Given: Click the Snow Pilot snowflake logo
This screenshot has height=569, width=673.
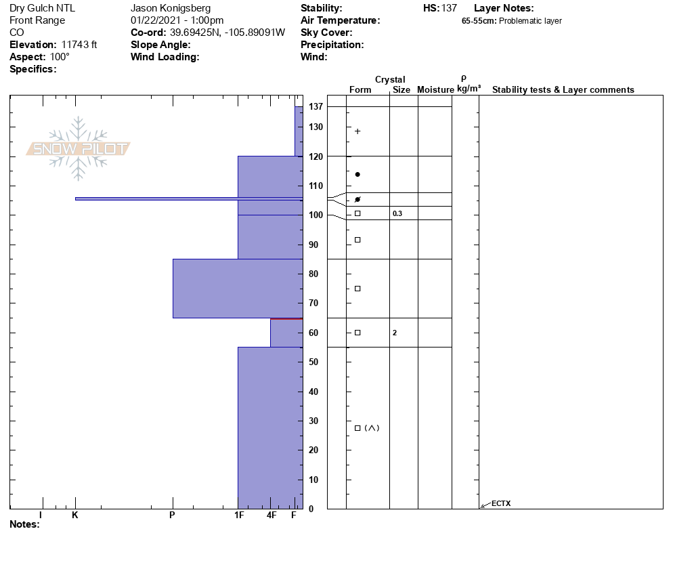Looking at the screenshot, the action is pos(78,148).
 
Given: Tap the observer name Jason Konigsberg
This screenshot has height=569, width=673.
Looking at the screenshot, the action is pos(171,8).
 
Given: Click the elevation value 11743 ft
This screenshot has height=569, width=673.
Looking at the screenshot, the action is pos(79,45).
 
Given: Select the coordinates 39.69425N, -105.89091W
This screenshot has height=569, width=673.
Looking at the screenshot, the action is pos(227,33).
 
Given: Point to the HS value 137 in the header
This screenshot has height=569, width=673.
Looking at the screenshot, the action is pos(449,8).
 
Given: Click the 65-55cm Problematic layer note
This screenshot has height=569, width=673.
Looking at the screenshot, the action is pos(512,21).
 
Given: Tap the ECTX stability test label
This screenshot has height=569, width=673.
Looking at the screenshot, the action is pos(501,503).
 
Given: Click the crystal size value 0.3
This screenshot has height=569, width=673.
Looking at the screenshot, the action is pos(397,213).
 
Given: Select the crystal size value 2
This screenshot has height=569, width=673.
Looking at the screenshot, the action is pos(395,333).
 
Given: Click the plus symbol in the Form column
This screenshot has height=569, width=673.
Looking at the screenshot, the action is pos(357,131).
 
